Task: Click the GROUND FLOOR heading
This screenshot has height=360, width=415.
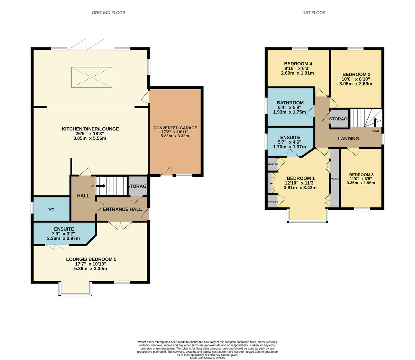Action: (x=108, y=13)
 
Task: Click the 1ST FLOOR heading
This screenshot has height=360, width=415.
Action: (x=314, y=13)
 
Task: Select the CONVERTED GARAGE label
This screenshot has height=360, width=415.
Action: (x=175, y=128)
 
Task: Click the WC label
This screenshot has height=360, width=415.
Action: (x=51, y=209)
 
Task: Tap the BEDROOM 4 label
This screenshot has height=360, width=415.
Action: (x=298, y=64)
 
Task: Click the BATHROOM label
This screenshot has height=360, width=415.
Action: (x=290, y=103)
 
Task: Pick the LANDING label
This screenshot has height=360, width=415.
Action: (x=348, y=139)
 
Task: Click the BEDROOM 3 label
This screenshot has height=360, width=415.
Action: (x=361, y=175)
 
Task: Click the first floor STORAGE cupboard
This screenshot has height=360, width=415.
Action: (x=339, y=119)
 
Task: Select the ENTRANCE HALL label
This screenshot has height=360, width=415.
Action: (x=122, y=209)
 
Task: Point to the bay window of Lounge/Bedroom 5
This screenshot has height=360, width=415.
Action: (x=75, y=290)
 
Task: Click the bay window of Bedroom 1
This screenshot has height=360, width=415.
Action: (x=307, y=216)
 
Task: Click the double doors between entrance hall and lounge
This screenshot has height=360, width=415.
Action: (x=120, y=225)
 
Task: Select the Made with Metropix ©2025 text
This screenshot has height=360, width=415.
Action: (x=207, y=358)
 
